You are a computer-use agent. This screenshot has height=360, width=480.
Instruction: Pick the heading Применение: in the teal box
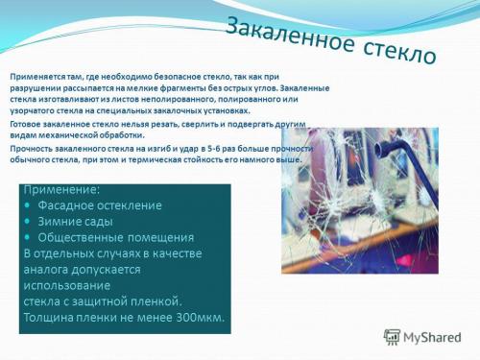click(61, 190)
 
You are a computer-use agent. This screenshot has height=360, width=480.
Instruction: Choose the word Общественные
click(84, 237)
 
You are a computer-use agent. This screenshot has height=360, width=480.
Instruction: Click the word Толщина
click(52, 317)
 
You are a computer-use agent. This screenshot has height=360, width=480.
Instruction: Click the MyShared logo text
click(431, 337)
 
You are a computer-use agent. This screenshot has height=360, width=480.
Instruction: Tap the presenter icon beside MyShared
click(392, 337)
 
